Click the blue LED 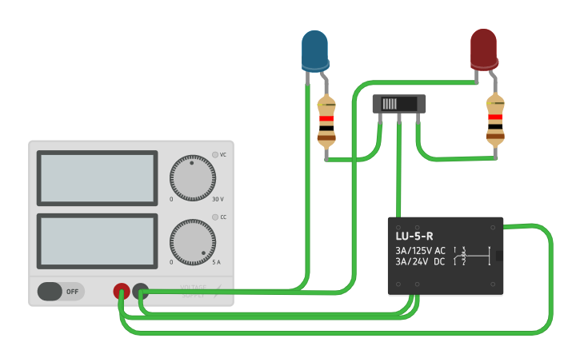[314, 50]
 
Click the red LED [483, 49]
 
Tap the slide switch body [399, 104]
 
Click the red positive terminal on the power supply [122, 292]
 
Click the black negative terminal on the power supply [141, 292]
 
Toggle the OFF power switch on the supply [61, 292]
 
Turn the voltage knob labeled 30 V [192, 178]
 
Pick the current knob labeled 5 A [192, 242]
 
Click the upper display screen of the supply [97, 178]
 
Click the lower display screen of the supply [97, 241]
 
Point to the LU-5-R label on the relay [414, 237]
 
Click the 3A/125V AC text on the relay [420, 250]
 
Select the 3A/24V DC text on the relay [420, 261]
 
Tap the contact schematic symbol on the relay [472, 256]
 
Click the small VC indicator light [215, 154]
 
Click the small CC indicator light [215, 217]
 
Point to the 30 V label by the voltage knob [218, 199]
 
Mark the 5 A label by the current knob [216, 262]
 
